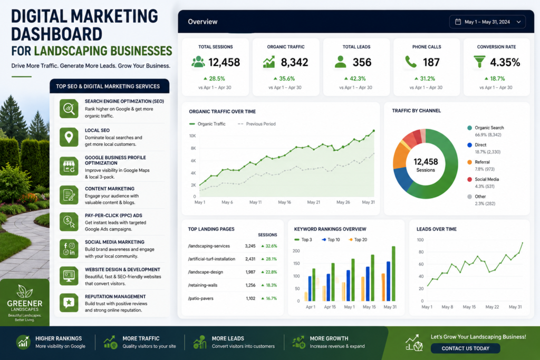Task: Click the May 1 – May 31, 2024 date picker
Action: coord(487,22)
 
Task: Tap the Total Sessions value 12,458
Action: coord(224,62)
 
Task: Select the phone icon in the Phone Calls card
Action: coord(410,62)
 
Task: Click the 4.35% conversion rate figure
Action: coord(505,62)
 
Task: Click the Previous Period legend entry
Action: coord(257,124)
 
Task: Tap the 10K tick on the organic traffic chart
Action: coord(192,136)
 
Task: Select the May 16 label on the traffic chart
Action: coord(284,202)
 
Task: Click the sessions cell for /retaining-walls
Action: coord(250,285)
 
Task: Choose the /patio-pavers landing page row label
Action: coord(201,298)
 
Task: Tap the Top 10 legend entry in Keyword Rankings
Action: coord(331,240)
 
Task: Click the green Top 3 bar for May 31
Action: coord(393,274)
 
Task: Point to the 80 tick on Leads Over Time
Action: coord(421,252)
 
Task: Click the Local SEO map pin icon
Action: coord(69,137)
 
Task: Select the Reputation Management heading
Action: coord(115,297)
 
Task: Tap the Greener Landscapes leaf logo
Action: coord(25,291)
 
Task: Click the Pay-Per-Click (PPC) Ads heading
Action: coord(114,216)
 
